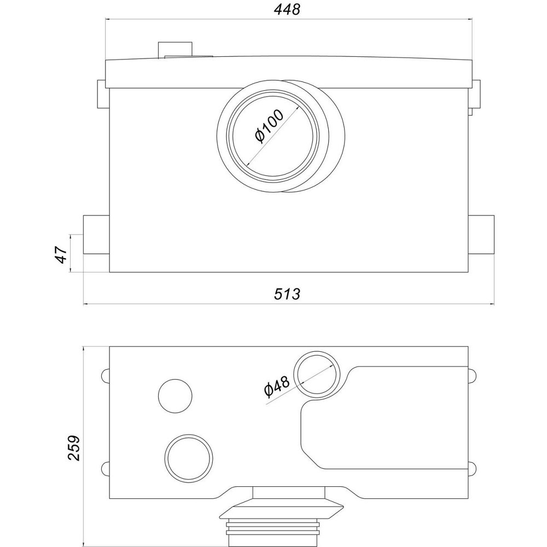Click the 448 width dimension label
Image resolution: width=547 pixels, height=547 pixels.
pos(287,9)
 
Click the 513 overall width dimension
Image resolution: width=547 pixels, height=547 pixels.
pos(287,294)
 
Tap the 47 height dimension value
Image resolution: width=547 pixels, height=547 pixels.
pos(61,254)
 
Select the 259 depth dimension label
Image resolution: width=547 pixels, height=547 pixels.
pos(74,448)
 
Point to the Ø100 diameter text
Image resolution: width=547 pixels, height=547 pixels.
pos(269,126)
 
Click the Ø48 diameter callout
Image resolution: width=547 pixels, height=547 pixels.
pos(277,386)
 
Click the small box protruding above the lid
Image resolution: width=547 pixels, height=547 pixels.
pos(175,49)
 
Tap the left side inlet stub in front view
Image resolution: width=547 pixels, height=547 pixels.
pos(96,235)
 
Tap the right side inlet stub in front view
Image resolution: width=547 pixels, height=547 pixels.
pos(481,235)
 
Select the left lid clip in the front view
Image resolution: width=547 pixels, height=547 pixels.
pos(102,94)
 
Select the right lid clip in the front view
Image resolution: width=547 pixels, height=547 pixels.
pos(476,94)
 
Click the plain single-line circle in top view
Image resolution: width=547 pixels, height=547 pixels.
pos(175,396)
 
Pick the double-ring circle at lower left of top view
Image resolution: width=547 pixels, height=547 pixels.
pos(189,458)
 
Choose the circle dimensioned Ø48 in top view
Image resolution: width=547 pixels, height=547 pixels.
pos(317,375)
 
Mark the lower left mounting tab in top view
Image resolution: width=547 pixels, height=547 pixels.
pos(106,469)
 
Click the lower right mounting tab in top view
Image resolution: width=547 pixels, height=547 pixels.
pos(472,469)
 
